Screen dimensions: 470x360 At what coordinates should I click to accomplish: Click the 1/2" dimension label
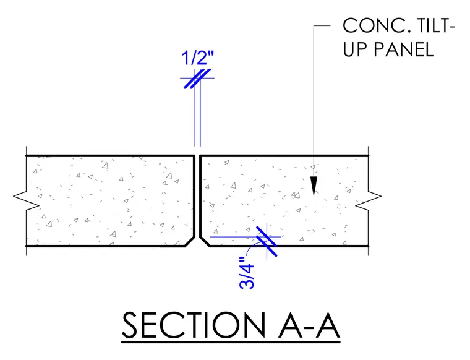tap(198, 58)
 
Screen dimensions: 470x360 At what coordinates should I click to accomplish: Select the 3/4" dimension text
tap(247, 273)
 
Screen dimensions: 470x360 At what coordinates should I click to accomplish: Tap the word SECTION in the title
tap(194, 325)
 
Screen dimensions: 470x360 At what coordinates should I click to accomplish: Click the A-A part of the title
tap(309, 325)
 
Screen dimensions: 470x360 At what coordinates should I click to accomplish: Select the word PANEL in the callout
tap(403, 49)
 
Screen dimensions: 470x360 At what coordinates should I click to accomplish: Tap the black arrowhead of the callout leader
tap(314, 186)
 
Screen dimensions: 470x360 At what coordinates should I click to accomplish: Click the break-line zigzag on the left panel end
tap(27, 196)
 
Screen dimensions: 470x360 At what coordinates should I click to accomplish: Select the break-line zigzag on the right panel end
tap(368, 196)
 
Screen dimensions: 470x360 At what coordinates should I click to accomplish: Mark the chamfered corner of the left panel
tap(190, 242)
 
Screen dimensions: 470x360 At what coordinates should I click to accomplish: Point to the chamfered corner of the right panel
tap(205, 242)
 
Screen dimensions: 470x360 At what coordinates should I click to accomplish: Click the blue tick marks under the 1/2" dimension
tap(197, 79)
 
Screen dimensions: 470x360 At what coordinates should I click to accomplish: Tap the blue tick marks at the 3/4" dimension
tap(267, 241)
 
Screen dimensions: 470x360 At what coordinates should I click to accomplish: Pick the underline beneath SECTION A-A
tap(231, 341)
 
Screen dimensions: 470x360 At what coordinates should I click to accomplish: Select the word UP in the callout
tap(356, 49)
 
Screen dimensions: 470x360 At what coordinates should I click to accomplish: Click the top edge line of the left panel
tap(110, 156)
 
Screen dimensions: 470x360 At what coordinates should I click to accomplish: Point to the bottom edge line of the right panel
tap(289, 246)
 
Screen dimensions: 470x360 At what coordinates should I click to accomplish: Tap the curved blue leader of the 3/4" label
tap(252, 247)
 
